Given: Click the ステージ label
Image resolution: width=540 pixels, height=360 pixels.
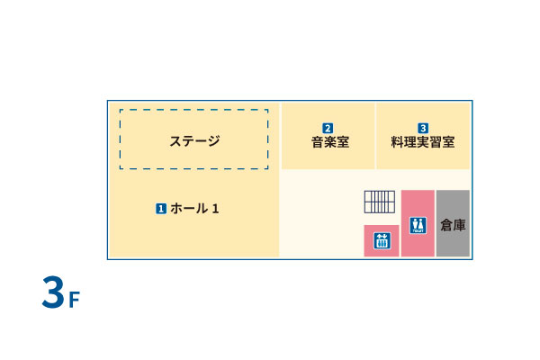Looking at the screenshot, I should [194, 140].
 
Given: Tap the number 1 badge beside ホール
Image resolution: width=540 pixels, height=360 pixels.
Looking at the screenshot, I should [161, 209].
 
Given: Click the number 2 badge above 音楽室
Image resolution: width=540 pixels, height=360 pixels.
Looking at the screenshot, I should [328, 128].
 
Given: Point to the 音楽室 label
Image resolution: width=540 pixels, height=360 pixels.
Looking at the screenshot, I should [329, 142].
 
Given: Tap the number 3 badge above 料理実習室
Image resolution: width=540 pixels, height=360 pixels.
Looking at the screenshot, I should [423, 128].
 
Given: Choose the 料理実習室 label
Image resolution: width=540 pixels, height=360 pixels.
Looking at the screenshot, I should [423, 142].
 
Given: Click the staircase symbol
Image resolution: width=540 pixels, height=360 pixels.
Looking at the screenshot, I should [380, 202].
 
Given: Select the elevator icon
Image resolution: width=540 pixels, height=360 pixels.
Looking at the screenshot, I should [381, 239].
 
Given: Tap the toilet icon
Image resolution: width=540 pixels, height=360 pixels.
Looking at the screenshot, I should [418, 224].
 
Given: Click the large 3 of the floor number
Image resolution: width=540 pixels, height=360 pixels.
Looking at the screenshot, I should [53, 294].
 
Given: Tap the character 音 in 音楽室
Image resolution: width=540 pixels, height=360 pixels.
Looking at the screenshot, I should [318, 142].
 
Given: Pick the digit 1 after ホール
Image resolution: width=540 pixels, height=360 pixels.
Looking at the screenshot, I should [215, 209].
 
